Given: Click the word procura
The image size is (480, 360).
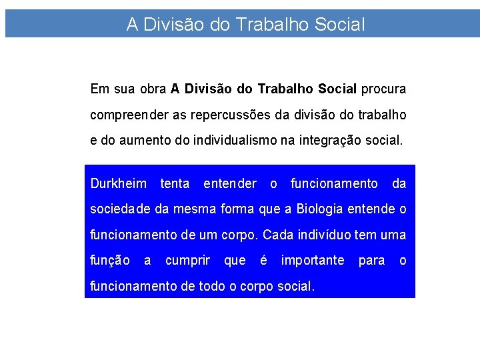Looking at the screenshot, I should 384,89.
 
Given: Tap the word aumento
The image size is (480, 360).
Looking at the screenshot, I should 151,141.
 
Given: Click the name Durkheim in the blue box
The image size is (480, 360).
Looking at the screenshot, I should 118,183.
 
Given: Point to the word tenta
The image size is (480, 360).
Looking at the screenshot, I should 175,183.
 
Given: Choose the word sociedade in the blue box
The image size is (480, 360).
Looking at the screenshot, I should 121,209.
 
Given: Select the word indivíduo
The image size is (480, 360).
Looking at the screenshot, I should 327,235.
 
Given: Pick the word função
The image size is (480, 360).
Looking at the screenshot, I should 110,261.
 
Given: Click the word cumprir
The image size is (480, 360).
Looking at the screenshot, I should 187,261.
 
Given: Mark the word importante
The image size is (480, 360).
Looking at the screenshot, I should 313,261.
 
